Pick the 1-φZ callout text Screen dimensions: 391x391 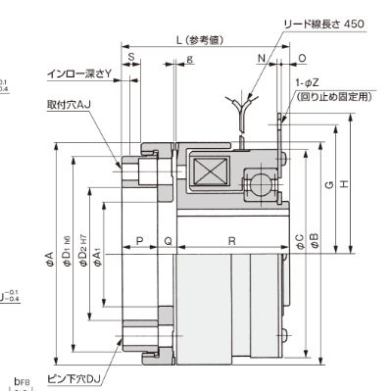point(306,84)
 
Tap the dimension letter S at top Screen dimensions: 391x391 point(131,59)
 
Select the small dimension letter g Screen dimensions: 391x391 point(188,59)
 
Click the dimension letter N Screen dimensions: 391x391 point(263,59)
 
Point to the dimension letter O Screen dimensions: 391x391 point(301,59)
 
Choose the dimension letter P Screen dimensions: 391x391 point(140,238)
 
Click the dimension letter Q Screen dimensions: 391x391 point(168,238)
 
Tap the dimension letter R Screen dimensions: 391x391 point(231,238)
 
